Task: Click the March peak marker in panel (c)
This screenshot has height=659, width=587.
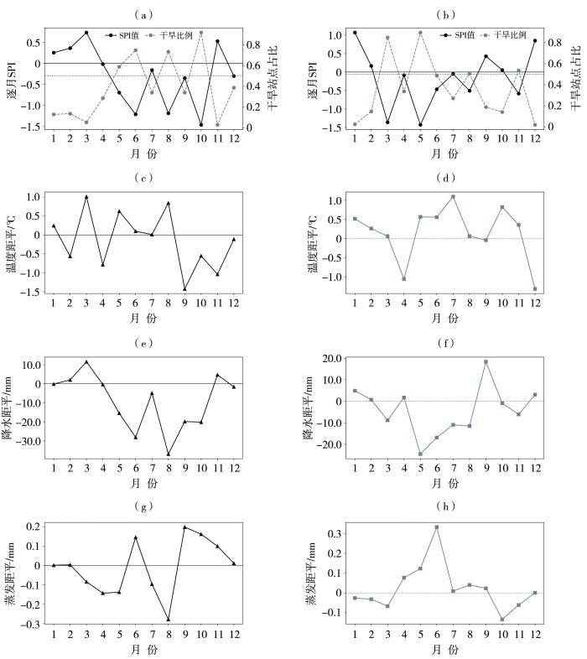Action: (x=86, y=196)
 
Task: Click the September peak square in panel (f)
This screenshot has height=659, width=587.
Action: (x=486, y=361)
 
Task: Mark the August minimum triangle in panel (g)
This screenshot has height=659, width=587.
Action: (x=168, y=620)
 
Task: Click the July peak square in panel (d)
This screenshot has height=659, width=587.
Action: (x=453, y=196)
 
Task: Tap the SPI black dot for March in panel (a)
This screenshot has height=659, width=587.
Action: (x=86, y=33)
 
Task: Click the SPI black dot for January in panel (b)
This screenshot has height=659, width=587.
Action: (x=355, y=33)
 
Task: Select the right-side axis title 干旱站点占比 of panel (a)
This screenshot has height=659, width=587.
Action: (x=273, y=75)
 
